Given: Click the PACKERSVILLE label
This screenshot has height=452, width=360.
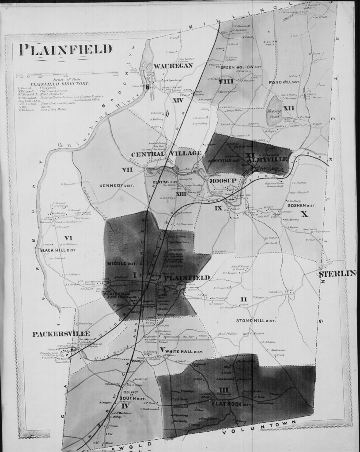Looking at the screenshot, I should point(61,334).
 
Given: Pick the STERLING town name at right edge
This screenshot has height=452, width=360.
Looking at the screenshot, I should point(337,274).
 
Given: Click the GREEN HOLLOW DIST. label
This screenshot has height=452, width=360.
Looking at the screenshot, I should point(238,67).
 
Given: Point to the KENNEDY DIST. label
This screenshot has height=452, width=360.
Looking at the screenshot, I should point(117,186).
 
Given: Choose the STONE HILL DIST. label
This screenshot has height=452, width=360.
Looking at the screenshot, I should point(256,320).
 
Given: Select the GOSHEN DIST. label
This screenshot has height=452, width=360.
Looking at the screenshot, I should point(300,205).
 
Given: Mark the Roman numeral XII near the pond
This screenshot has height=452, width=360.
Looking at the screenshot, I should point(289,107).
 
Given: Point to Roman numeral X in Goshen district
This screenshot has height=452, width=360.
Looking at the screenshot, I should point(303,215).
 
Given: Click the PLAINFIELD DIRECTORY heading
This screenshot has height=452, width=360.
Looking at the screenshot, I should point(60,83).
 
